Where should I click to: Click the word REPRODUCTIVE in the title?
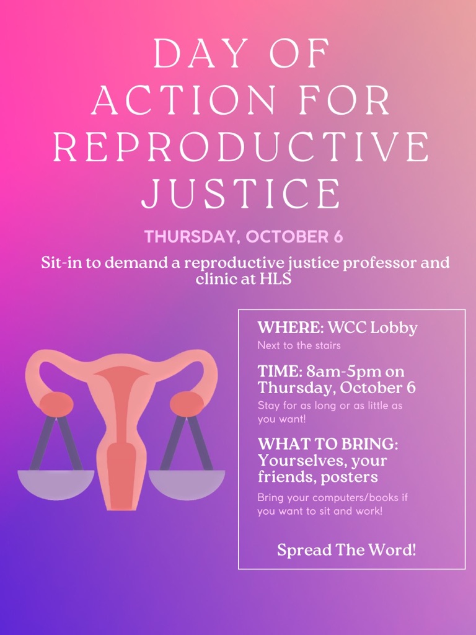coord(241,146)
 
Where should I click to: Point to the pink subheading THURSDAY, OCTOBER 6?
coord(244,236)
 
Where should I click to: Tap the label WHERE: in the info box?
coord(291,327)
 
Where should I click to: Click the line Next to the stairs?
coord(299,346)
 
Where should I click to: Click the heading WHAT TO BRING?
coord(328,444)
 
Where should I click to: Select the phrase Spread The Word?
coord(346,550)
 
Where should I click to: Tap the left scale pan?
coord(56,485)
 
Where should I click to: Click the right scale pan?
coord(187,485)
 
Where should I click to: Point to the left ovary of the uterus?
coord(56,404)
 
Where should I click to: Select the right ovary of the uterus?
coord(187,404)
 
